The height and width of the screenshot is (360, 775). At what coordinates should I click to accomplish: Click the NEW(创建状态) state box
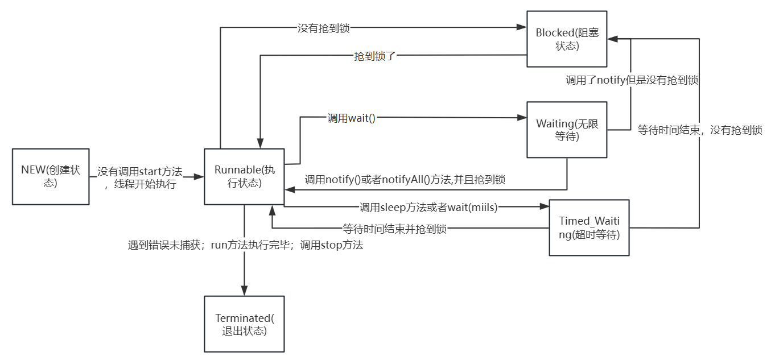pyautogui.click(x=51, y=176)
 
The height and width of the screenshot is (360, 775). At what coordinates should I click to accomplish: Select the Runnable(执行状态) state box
pyautogui.click(x=244, y=176)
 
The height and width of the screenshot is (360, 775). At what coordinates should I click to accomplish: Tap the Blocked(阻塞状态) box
pyautogui.click(x=566, y=39)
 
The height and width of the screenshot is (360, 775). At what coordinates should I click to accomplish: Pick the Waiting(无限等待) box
pyautogui.click(x=567, y=130)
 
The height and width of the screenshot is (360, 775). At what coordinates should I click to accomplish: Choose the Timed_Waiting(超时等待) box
pyautogui.click(x=589, y=227)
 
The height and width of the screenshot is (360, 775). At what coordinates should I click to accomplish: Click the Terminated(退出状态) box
pyautogui.click(x=244, y=324)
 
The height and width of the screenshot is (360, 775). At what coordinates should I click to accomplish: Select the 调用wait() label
pyautogui.click(x=352, y=118)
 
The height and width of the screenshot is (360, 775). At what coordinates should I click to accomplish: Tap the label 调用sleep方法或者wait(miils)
pyautogui.click(x=428, y=208)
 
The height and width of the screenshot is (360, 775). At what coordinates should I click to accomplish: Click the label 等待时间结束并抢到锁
pyautogui.click(x=394, y=229)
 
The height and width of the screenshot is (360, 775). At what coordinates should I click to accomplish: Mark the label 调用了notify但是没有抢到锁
pyautogui.click(x=632, y=80)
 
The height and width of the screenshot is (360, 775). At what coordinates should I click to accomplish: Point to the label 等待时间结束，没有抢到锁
pyautogui.click(x=700, y=130)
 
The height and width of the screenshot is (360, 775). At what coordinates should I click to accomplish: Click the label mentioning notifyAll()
pyautogui.click(x=405, y=180)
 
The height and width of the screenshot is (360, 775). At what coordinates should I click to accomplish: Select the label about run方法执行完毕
pyautogui.click(x=245, y=245)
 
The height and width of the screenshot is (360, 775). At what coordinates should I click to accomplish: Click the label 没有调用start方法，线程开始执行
pyautogui.click(x=140, y=177)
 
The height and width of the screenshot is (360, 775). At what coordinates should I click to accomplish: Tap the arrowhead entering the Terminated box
pyautogui.click(x=244, y=292)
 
